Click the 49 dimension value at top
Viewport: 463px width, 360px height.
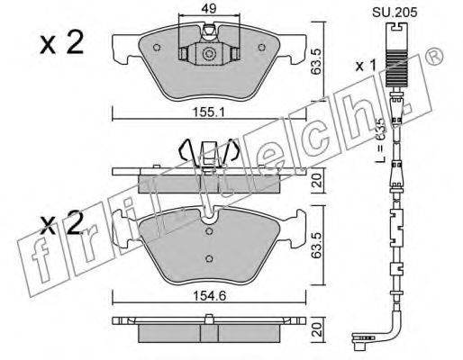[x=209, y=9]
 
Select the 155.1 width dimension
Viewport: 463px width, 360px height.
[x=209, y=112]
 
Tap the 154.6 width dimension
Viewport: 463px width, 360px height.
[x=209, y=296]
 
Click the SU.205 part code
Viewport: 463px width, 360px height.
[x=395, y=13]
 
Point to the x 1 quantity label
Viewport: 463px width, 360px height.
[x=366, y=66]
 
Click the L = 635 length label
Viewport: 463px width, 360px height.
[x=380, y=140]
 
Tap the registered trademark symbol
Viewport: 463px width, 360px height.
[x=434, y=56]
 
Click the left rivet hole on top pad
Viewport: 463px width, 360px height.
[x=157, y=48]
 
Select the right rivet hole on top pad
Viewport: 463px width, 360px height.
[x=262, y=48]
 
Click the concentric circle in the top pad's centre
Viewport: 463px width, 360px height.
[x=209, y=54]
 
